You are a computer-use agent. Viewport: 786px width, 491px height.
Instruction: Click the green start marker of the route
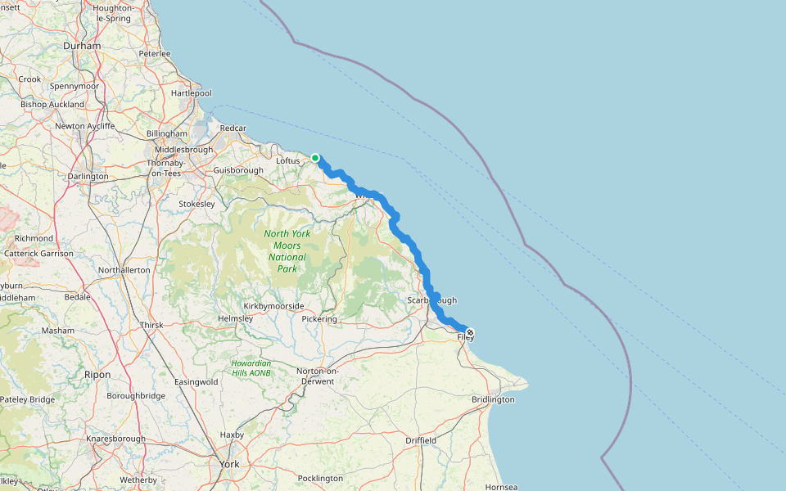click(x=315, y=158)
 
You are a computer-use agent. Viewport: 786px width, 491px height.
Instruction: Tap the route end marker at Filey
click(x=470, y=332)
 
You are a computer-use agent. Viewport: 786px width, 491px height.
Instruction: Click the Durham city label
click(x=82, y=46)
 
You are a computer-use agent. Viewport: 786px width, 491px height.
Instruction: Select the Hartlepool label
click(x=192, y=93)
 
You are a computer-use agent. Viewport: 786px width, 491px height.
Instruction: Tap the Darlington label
click(x=88, y=176)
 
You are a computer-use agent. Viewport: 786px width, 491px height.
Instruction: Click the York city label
click(x=229, y=464)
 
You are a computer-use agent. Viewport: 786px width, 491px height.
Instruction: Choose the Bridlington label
click(x=493, y=399)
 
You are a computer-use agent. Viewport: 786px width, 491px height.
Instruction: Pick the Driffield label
click(x=421, y=440)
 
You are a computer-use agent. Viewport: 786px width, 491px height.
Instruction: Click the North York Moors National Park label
click(x=287, y=251)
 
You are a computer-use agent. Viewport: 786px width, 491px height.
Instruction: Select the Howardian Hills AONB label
click(x=251, y=367)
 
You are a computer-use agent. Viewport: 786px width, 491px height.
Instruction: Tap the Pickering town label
click(x=319, y=318)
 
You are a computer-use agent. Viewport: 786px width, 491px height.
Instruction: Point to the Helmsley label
click(x=236, y=318)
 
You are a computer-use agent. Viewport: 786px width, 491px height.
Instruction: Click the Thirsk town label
click(x=151, y=325)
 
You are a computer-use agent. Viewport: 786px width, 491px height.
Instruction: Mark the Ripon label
click(x=97, y=374)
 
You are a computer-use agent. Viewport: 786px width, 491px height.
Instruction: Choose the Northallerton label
click(x=124, y=269)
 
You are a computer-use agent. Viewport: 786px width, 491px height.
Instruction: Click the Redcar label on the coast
click(x=233, y=128)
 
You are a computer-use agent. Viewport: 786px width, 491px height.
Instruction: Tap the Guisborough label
click(x=238, y=170)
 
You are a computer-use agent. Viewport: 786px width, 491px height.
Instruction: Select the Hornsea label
click(x=501, y=487)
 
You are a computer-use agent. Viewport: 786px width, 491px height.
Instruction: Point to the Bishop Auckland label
click(x=52, y=105)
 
